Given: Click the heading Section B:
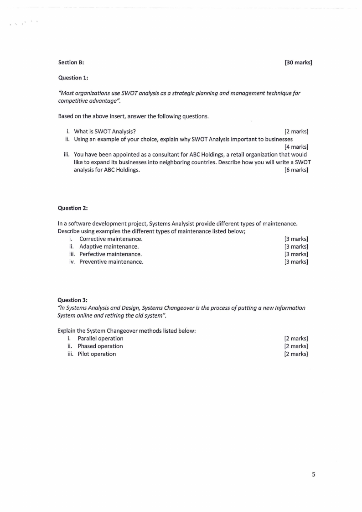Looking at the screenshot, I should [71, 63].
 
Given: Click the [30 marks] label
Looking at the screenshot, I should [298, 63].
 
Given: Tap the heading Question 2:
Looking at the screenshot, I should [72, 208].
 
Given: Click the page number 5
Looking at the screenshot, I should [313, 474].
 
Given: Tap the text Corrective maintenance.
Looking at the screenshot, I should [111, 239].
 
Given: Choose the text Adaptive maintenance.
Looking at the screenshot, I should [109, 246].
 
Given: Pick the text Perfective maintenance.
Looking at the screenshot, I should [110, 254].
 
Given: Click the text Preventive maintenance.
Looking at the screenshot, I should [111, 261].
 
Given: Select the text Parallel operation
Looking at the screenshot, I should [100, 338].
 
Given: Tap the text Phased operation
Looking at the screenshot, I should [100, 346].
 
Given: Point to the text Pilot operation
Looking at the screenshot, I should [97, 354].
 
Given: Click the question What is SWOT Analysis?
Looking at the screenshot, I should [104, 131].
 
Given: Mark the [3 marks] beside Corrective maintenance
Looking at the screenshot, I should [296, 239].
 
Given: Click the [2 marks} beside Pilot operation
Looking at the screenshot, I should [296, 354].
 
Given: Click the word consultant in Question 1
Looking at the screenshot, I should [150, 154].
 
